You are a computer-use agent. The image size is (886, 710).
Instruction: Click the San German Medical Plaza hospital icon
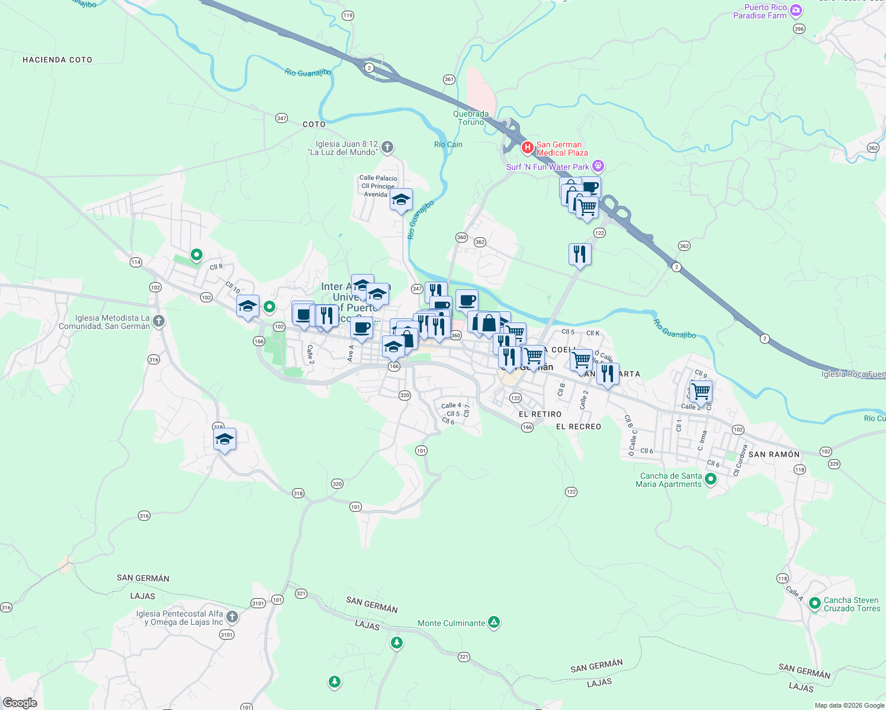click(527, 147)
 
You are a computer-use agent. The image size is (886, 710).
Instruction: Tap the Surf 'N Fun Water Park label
click(548, 167)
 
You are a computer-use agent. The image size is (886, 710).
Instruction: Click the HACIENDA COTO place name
click(57, 60)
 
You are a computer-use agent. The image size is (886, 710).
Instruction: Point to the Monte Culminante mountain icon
click(494, 622)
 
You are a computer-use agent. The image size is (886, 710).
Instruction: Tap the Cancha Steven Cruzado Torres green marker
click(815, 603)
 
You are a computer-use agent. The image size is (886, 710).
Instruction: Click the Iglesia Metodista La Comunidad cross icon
click(158, 321)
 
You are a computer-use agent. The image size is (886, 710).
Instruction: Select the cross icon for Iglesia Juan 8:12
click(387, 147)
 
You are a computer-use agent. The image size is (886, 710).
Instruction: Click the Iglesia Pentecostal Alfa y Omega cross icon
click(232, 617)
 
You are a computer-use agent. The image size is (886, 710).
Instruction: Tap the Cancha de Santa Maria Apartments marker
click(711, 479)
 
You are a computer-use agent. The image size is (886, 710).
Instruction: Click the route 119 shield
click(348, 16)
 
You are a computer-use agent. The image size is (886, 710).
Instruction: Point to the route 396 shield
click(799, 29)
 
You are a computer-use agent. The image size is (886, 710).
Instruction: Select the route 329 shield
click(834, 464)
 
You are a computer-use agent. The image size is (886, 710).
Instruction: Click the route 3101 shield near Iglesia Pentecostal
click(227, 634)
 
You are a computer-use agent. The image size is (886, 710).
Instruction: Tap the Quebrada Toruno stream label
click(471, 118)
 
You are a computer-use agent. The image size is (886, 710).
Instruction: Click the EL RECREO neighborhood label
click(579, 427)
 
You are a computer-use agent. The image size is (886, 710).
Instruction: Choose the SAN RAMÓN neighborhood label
click(774, 454)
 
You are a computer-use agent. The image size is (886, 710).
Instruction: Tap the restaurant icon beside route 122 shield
click(580, 254)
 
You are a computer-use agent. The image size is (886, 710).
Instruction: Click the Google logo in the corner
click(20, 703)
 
